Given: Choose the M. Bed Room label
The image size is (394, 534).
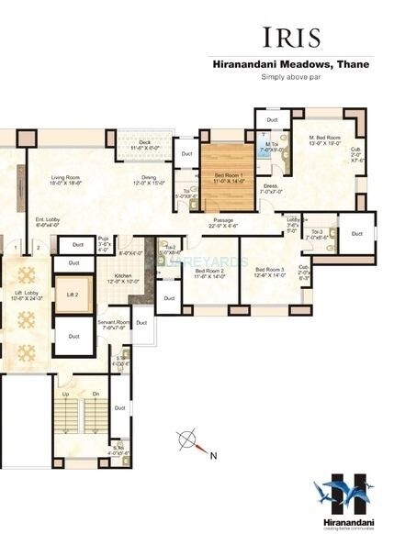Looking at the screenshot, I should [x=326, y=139].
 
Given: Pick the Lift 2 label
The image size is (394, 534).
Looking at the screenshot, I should [x=73, y=294].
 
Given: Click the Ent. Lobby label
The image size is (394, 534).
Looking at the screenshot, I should [x=50, y=219].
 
